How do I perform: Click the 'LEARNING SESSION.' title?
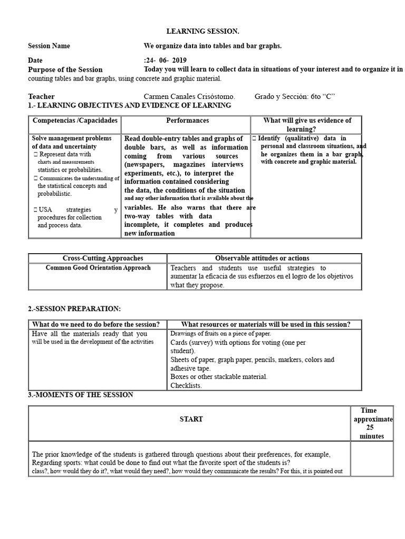pos(199,32)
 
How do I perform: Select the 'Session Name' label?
pos(49,46)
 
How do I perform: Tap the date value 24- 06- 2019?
pos(166,61)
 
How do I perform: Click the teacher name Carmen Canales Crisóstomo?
pos(189,96)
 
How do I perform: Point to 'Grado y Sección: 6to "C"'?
pos(295,96)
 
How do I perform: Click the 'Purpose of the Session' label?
pos(65,69)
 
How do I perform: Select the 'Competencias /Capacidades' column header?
pos(74,121)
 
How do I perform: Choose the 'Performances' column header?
pos(187,121)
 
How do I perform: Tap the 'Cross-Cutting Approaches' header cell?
pos(98,258)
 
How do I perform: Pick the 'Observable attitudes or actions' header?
pos(262,258)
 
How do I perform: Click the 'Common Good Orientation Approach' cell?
pos(98,268)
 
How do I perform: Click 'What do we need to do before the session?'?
pos(96,324)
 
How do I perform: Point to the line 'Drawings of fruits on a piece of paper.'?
pos(220,334)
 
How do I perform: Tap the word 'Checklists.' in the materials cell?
pos(186,385)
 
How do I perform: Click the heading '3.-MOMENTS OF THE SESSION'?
pos(81,395)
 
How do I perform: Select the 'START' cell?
pos(191,419)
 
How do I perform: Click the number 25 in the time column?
pos(370,428)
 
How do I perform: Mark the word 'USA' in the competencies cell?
pos(46,210)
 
